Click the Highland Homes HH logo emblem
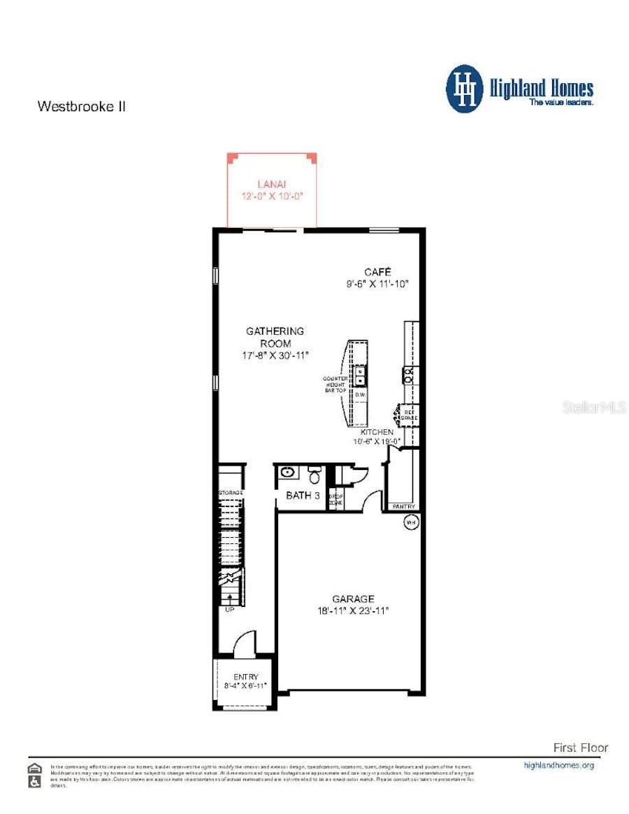[465, 89]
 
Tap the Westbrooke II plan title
[81, 107]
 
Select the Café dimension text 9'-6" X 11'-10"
[377, 284]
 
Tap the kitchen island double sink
[359, 376]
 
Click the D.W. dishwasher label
[360, 395]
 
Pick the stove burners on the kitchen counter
[410, 375]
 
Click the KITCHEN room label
[377, 433]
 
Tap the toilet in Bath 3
[315, 476]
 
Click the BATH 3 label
[303, 496]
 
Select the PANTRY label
[403, 506]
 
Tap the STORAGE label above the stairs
[231, 493]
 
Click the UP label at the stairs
[229, 609]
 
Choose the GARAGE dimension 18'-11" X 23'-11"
[353, 610]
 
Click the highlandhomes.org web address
[558, 765]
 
